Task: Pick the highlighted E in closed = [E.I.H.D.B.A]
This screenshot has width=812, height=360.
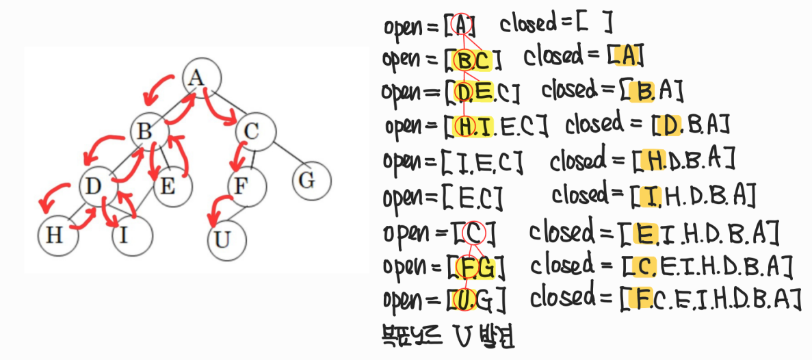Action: [x=644, y=233]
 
